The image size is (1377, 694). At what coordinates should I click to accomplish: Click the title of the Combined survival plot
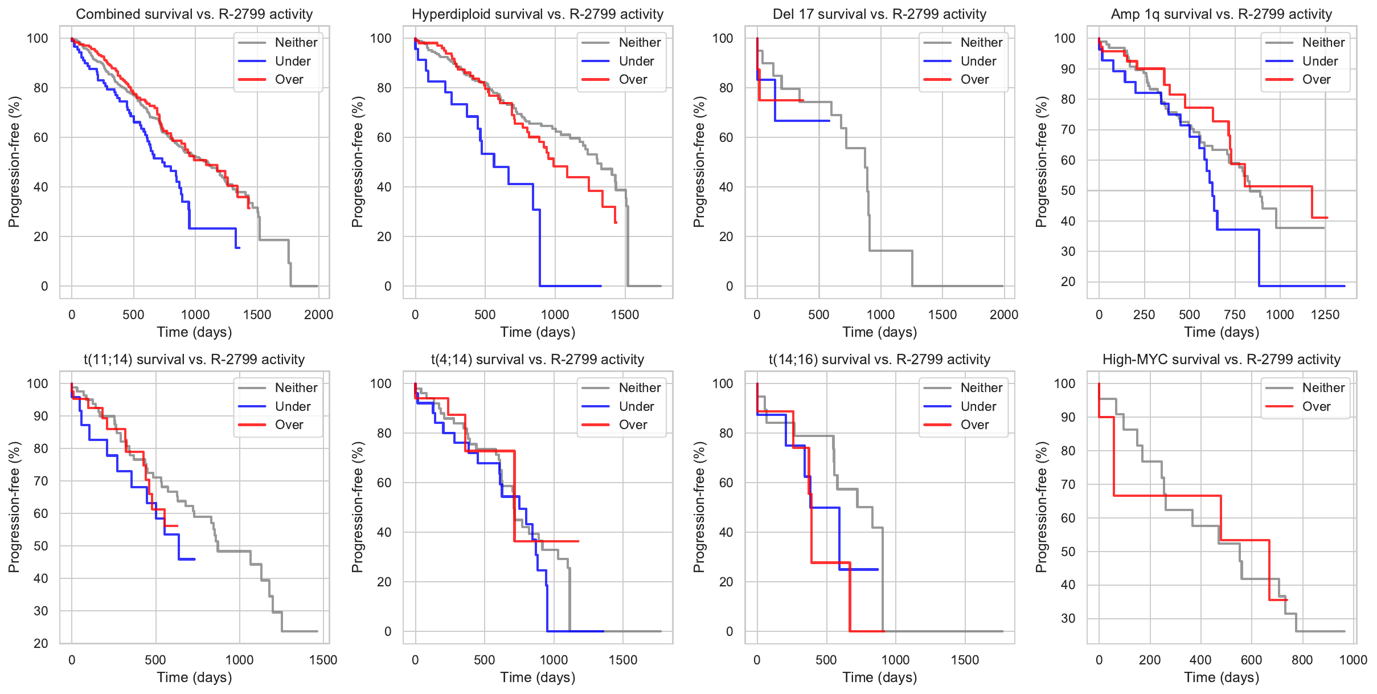(x=194, y=14)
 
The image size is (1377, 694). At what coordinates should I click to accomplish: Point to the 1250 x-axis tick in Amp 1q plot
(x=1325, y=315)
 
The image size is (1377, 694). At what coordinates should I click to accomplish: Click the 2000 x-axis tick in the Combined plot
(x=318, y=315)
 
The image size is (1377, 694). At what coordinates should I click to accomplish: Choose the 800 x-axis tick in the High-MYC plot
(x=1302, y=660)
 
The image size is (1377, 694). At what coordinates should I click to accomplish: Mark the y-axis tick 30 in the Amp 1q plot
(x=1068, y=251)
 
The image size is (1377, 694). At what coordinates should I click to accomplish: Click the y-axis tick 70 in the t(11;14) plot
(x=41, y=481)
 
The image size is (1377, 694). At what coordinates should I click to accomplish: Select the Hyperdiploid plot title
(x=538, y=14)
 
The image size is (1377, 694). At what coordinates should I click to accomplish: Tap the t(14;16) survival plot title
(x=879, y=360)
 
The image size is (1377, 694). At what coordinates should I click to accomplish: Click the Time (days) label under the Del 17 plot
(x=879, y=332)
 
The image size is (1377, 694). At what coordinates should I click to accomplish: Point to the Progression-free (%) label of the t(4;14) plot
(x=357, y=507)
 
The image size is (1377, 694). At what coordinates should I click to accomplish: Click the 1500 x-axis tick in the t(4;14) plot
(x=623, y=660)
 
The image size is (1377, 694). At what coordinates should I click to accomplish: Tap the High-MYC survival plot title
(x=1221, y=360)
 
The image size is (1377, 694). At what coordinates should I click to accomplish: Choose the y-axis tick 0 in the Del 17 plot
(x=730, y=286)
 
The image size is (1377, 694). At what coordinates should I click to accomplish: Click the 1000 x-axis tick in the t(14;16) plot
(x=895, y=660)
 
